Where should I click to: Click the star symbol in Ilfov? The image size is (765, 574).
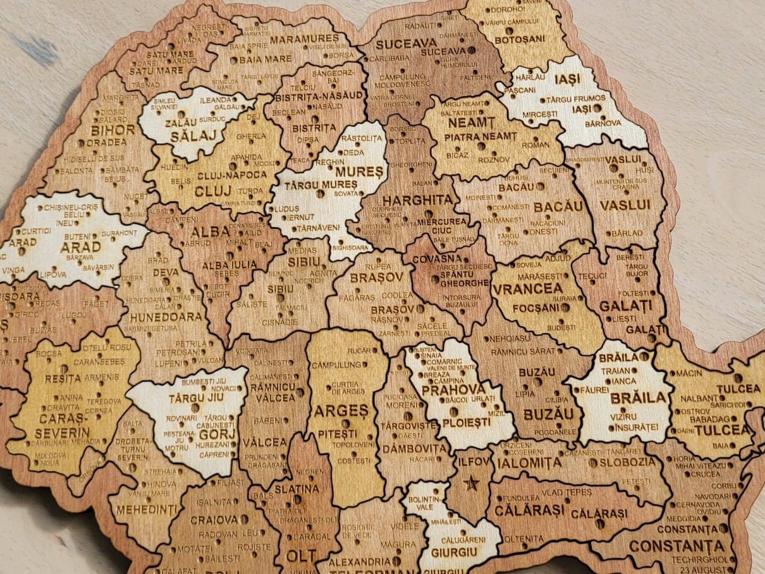tap(470, 484)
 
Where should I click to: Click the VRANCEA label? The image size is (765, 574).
tap(527, 289)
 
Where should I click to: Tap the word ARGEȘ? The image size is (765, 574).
tap(341, 411)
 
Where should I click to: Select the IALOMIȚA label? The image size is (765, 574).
tap(529, 463)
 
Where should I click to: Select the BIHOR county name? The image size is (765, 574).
tap(113, 130)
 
